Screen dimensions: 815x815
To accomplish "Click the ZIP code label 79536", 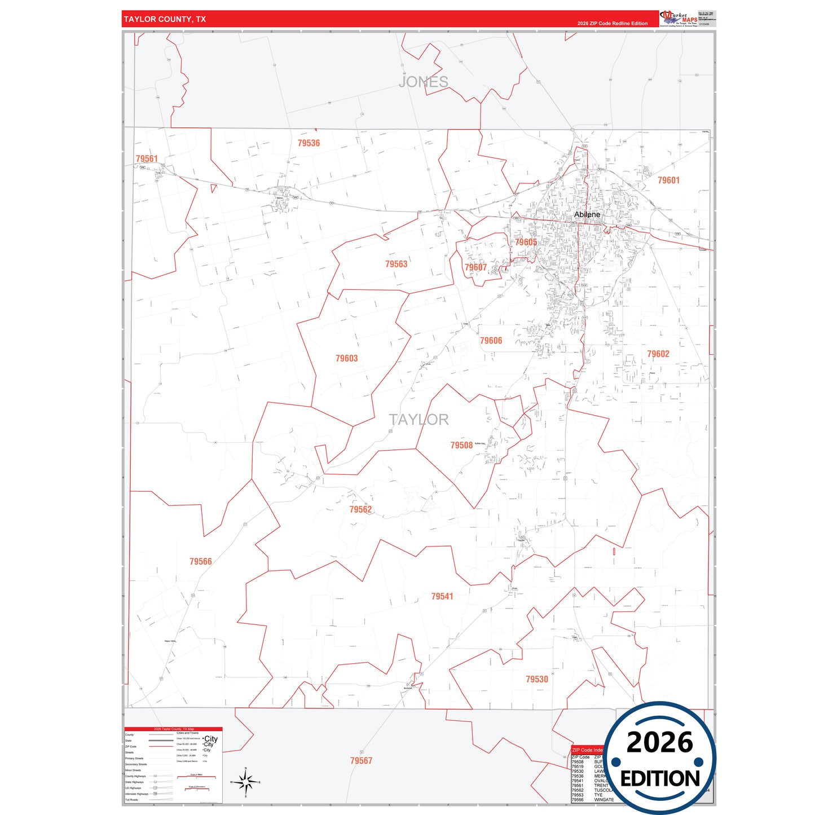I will pyautogui.click(x=309, y=143).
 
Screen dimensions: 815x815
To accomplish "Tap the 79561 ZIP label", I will pyautogui.click(x=147, y=159).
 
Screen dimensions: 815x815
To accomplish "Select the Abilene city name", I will pyautogui.click(x=587, y=214).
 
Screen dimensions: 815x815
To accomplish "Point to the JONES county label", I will pyautogui.click(x=423, y=82).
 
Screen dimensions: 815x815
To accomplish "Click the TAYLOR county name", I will pyautogui.click(x=418, y=420).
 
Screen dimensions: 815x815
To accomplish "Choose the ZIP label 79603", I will pyautogui.click(x=346, y=359).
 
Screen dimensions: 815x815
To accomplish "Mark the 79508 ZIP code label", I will pyautogui.click(x=461, y=446).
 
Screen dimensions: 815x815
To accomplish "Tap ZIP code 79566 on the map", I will pyautogui.click(x=201, y=562).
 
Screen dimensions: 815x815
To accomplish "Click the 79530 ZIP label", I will pyautogui.click(x=536, y=680).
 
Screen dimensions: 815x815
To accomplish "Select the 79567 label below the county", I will pyautogui.click(x=361, y=761).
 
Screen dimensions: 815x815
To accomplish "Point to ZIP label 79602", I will pyautogui.click(x=658, y=354).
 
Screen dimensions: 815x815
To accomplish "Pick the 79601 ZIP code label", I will pyautogui.click(x=668, y=180).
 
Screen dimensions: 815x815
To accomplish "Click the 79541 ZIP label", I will pyautogui.click(x=442, y=597).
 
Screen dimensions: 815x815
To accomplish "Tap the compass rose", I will pyautogui.click(x=245, y=782).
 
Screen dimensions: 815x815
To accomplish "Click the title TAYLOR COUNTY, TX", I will pyautogui.click(x=165, y=19).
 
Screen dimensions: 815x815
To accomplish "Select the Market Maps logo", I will pyautogui.click(x=679, y=18).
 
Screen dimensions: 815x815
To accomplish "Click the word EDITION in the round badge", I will pyautogui.click(x=660, y=779).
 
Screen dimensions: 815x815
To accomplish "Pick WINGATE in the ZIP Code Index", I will pyautogui.click(x=603, y=800).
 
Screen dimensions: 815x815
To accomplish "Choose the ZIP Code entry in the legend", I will pyautogui.click(x=131, y=746).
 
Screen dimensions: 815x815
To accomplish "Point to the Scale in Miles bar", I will pyautogui.click(x=196, y=776).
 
